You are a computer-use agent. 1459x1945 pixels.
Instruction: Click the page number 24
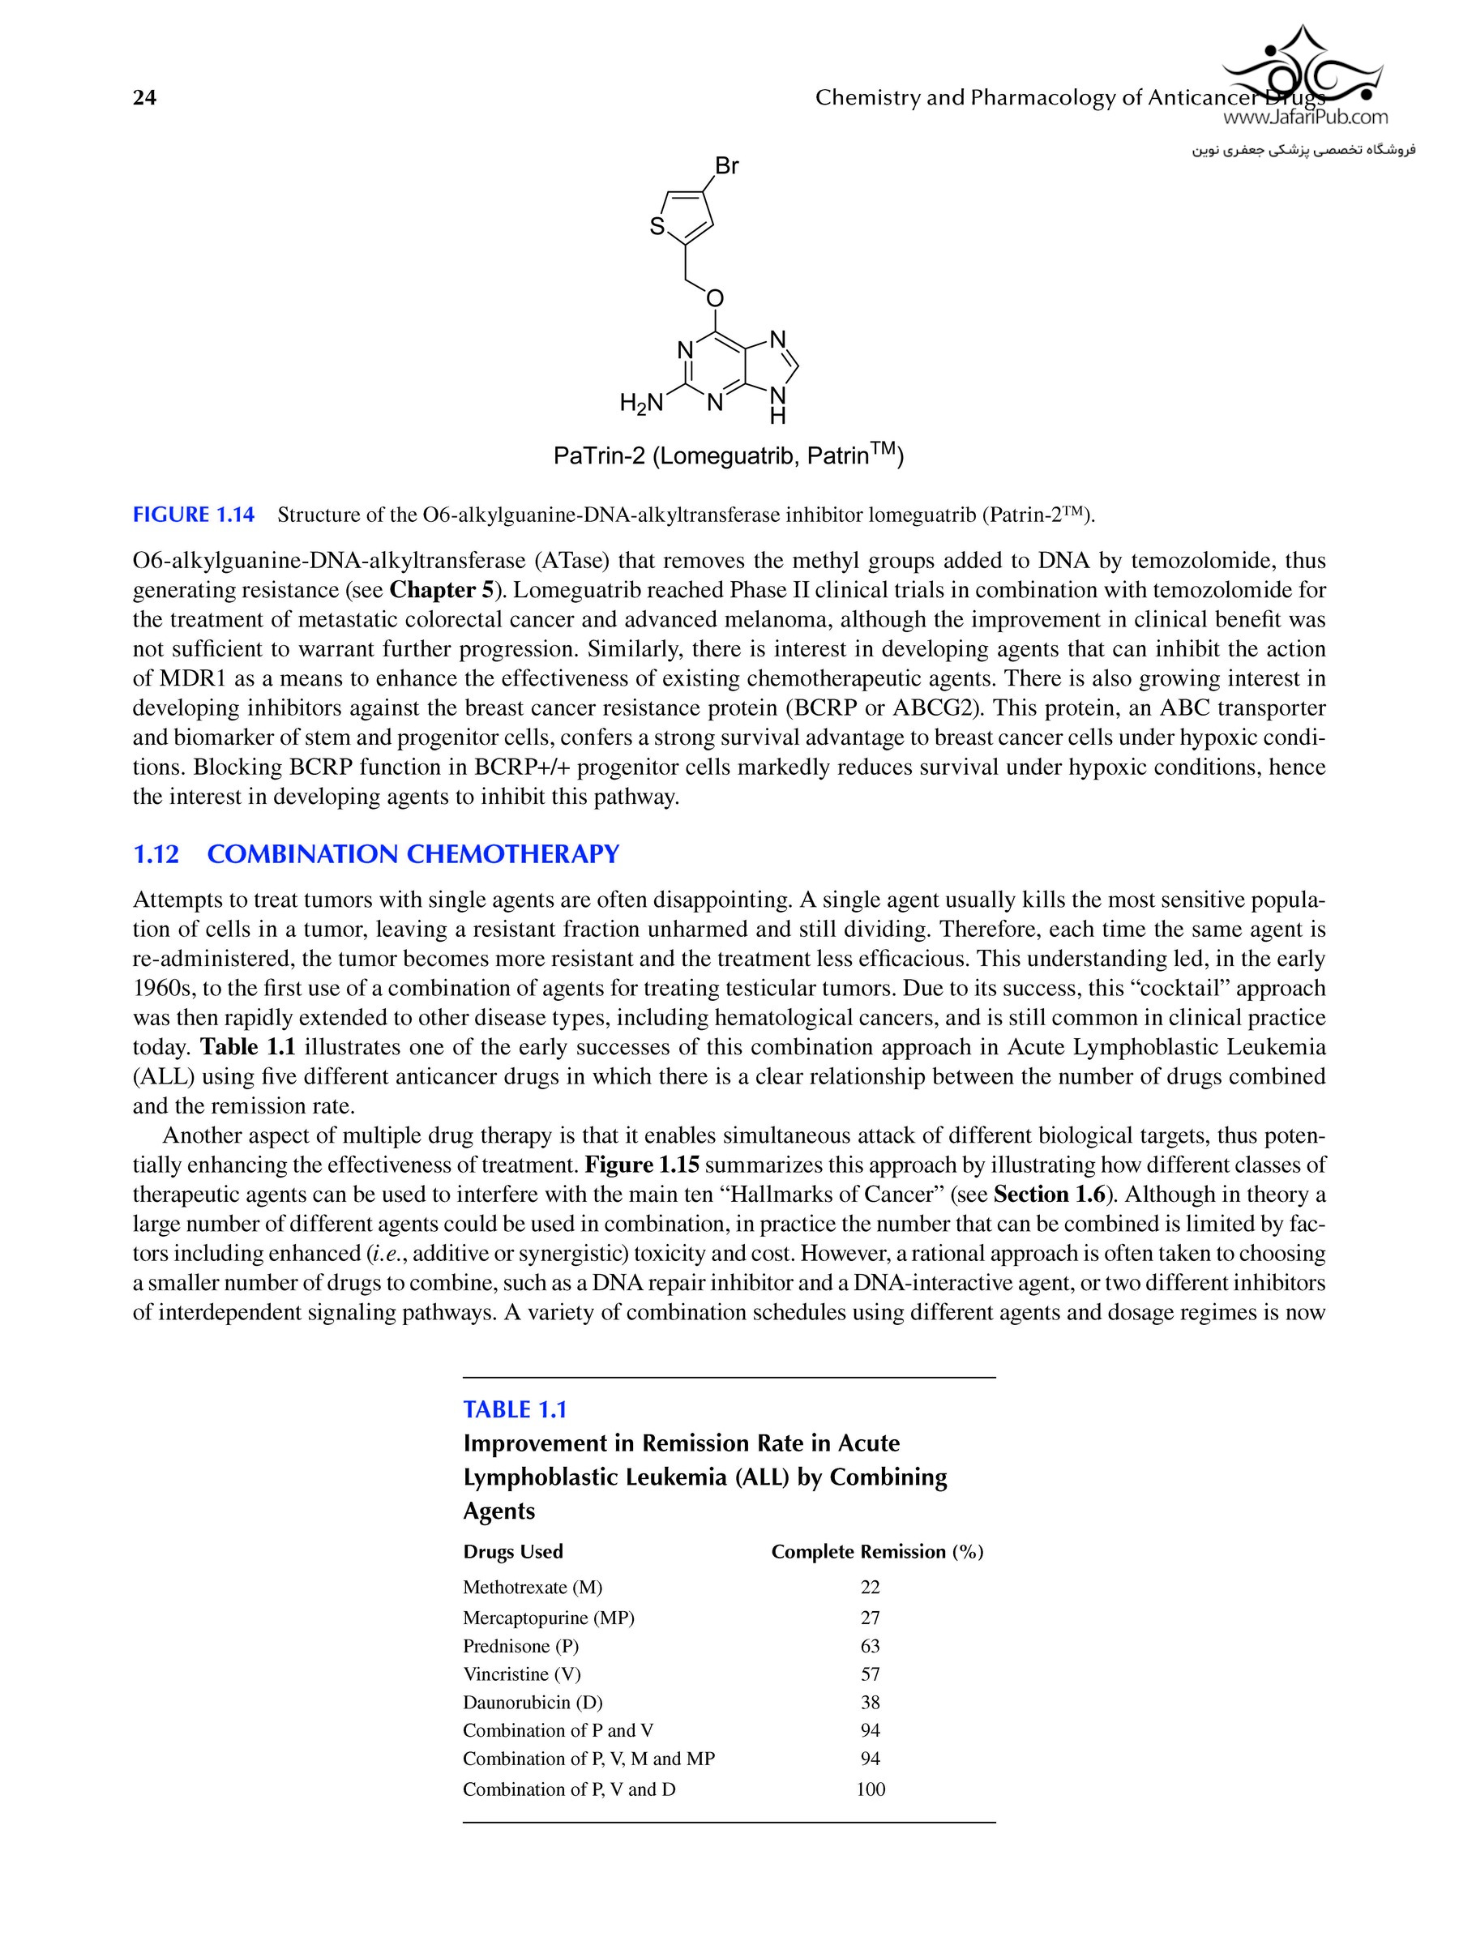click(144, 97)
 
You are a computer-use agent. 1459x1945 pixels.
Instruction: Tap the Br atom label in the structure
click(726, 165)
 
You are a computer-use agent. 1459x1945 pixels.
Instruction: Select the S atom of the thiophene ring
click(657, 227)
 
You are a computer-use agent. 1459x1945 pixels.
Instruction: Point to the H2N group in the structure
click(641, 404)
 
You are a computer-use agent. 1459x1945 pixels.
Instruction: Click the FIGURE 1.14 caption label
click(194, 515)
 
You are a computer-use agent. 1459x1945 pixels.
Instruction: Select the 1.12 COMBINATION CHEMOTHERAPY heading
click(375, 854)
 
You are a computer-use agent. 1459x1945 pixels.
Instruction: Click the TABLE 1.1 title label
click(515, 1409)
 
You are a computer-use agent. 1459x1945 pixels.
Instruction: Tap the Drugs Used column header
click(513, 1551)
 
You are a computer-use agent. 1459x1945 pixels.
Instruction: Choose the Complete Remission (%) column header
click(877, 1551)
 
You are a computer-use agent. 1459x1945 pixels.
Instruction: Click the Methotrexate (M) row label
click(532, 1587)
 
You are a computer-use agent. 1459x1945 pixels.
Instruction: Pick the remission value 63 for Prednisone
click(870, 1646)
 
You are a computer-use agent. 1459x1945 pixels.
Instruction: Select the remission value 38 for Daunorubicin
click(870, 1703)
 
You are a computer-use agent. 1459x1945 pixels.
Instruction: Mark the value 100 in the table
click(871, 1789)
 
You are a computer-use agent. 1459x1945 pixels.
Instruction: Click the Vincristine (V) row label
click(521, 1674)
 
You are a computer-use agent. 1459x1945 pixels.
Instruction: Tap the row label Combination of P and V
click(558, 1730)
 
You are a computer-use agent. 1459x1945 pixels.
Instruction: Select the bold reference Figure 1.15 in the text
click(642, 1165)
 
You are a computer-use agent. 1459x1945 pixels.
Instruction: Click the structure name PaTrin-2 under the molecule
click(599, 456)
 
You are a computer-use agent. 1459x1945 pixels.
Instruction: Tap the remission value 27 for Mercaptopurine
click(870, 1618)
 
